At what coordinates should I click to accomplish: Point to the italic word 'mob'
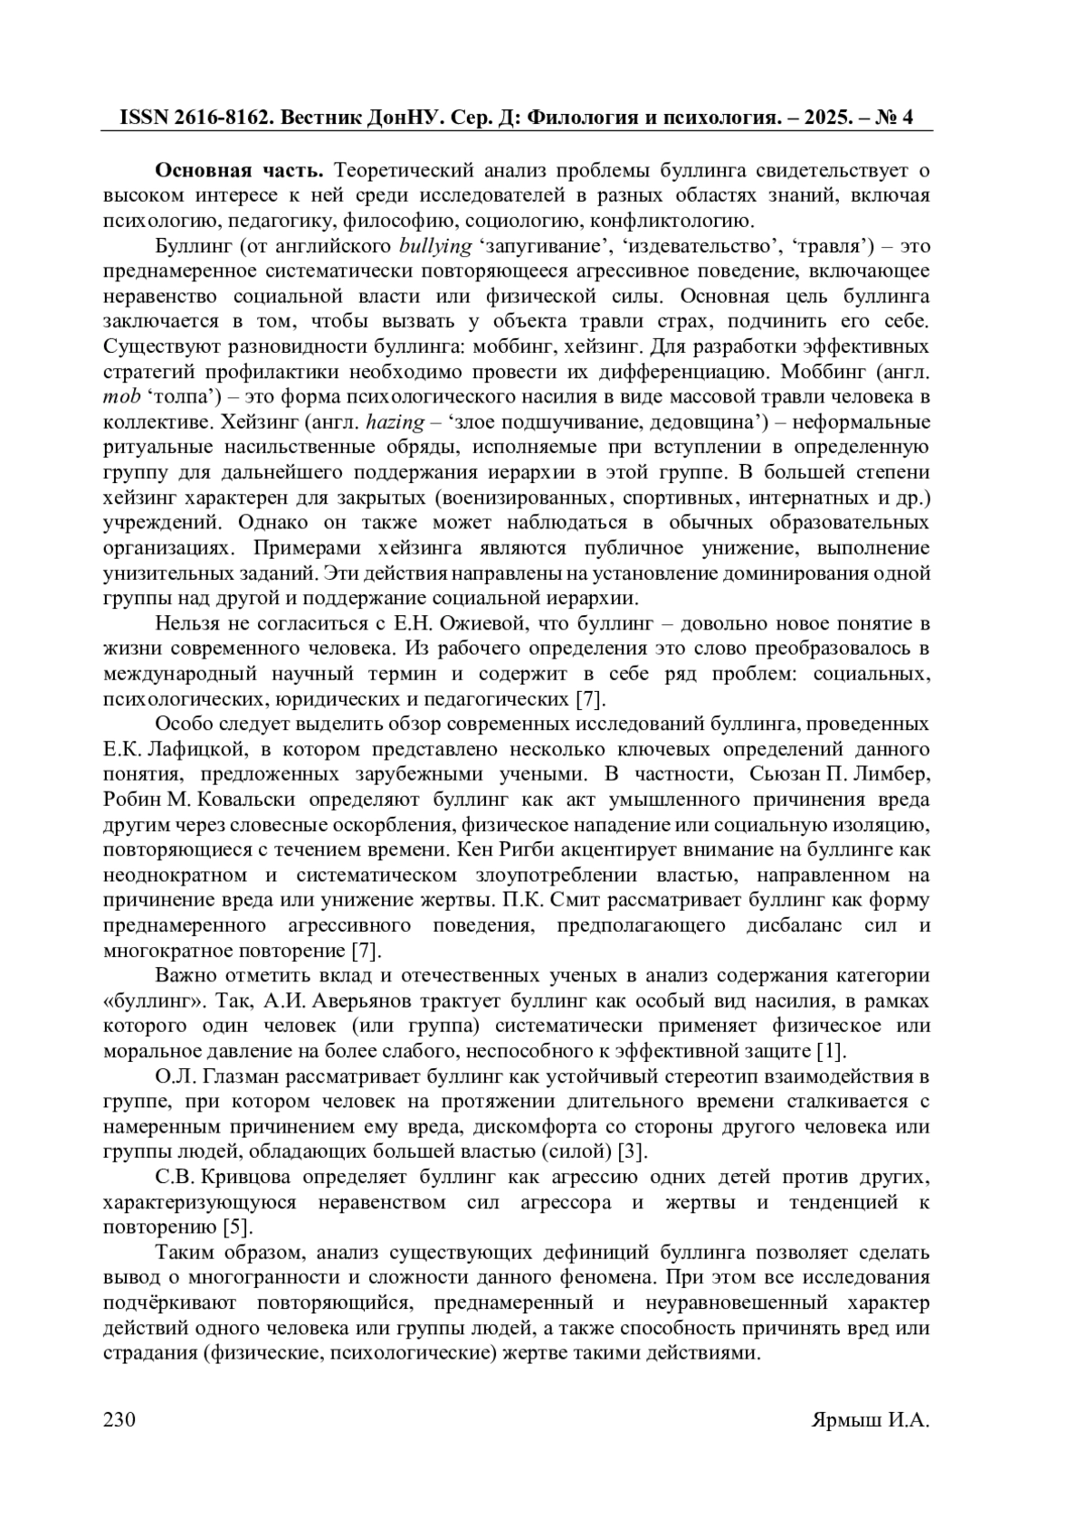click(x=121, y=397)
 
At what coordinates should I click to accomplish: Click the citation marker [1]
click(x=830, y=1052)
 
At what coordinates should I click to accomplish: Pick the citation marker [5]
click(x=237, y=1228)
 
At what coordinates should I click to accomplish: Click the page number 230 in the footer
click(x=120, y=1419)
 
